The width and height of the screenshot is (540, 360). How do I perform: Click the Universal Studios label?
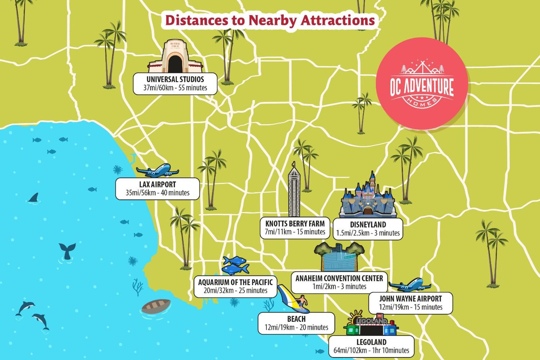pos(175,83)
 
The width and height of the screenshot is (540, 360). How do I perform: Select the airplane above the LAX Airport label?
pos(157,171)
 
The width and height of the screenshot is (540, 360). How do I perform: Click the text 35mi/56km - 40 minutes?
pos(157,193)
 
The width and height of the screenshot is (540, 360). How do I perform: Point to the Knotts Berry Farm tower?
pos(294,192)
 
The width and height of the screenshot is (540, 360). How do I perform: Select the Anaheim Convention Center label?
pos(339,282)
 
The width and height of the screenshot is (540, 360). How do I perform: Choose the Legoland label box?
pos(371,346)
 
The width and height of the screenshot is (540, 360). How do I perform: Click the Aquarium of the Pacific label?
pos(235,286)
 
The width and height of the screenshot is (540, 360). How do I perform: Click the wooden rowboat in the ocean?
pos(156,306)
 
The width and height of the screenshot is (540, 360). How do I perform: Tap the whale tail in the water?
pos(67,250)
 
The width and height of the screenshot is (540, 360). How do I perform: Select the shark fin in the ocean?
pos(34,198)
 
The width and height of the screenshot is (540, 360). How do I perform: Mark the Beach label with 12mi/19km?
pos(296,323)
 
